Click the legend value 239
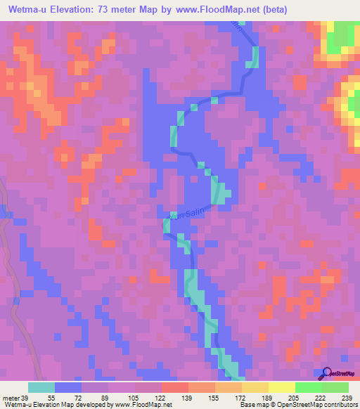[x=347, y=398]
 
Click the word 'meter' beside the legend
[x=11, y=398]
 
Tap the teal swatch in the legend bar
[x=41, y=387]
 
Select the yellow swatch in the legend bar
[x=281, y=387]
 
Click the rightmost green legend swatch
[x=335, y=387]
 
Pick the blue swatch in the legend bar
[x=67, y=387]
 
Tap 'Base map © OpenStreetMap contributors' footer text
[x=302, y=405]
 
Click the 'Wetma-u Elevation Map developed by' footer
[x=49, y=405]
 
